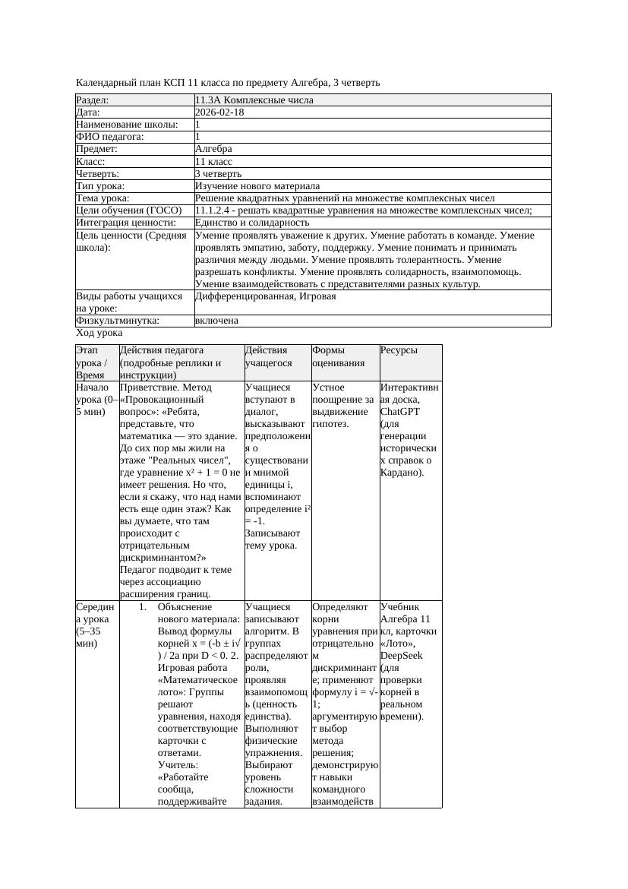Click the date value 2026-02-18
[x=219, y=112]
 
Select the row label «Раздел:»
[x=93, y=100]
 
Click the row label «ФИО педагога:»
[x=110, y=137]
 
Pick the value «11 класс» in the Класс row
[x=213, y=162]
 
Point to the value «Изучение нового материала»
[x=257, y=186]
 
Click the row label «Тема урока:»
[x=103, y=198]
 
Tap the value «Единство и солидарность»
[x=252, y=223]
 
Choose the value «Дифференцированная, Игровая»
[x=265, y=296]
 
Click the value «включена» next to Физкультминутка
[x=216, y=321]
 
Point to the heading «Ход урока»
[x=99, y=333]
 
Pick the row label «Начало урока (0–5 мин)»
[x=96, y=399]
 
